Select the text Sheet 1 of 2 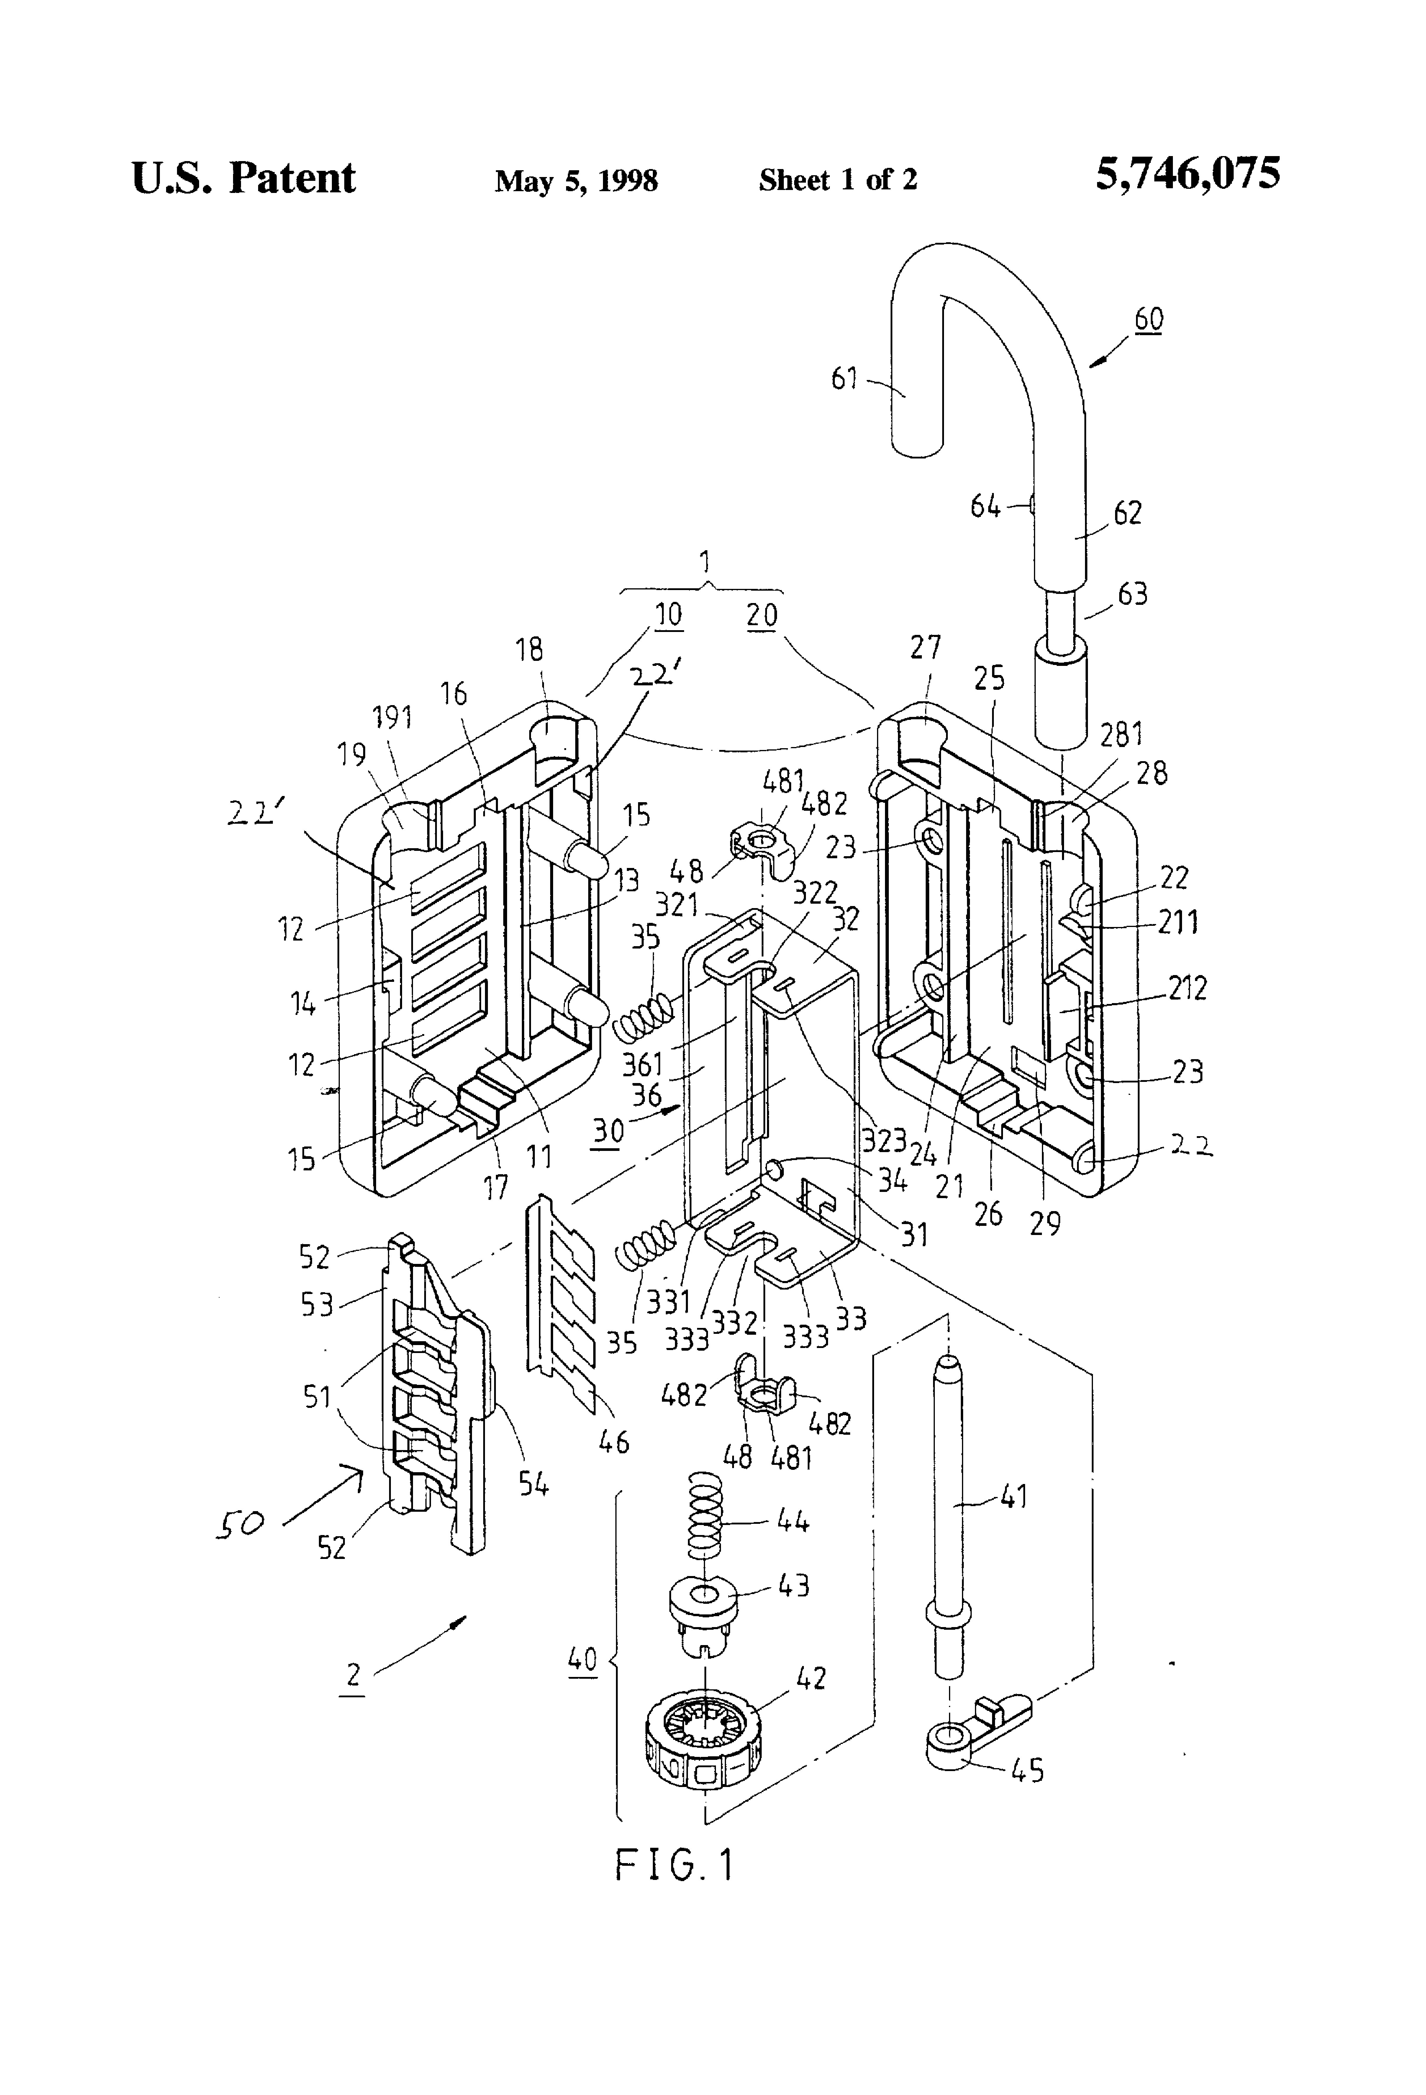click(x=837, y=179)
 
